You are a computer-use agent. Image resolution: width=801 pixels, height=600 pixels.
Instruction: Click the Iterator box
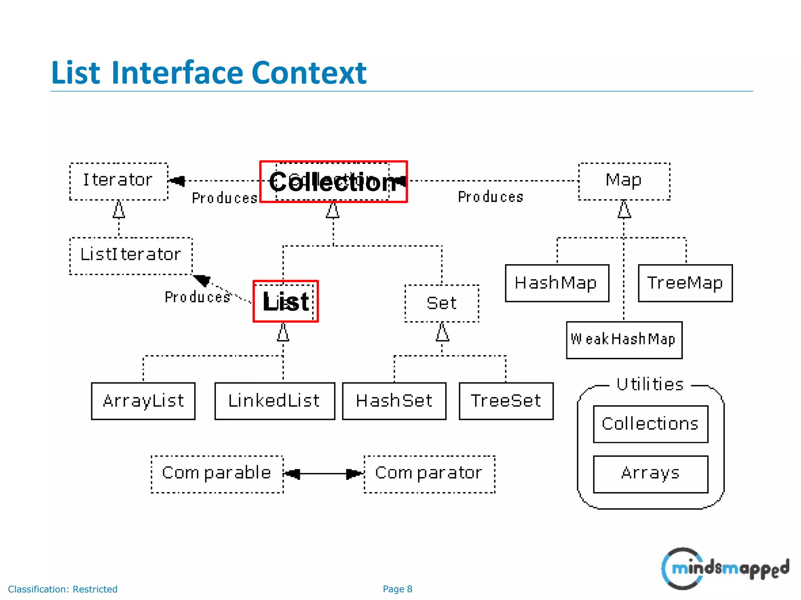[119, 181]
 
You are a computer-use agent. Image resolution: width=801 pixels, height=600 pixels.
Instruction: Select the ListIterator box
[131, 256]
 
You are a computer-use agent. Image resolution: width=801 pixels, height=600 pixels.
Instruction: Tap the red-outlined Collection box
[333, 182]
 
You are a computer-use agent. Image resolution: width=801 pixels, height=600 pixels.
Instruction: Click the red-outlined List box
[286, 301]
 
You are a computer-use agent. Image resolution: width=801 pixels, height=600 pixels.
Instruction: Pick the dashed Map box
[624, 181]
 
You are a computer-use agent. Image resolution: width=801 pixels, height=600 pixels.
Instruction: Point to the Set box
[442, 304]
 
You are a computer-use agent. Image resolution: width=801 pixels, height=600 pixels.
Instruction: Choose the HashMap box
[557, 283]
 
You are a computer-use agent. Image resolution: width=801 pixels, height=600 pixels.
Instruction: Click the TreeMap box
[685, 283]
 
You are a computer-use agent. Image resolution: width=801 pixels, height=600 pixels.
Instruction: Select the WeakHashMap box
[624, 340]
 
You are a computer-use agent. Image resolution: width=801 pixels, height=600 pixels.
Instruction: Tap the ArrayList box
[143, 401]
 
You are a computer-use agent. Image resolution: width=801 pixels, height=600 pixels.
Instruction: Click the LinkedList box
[275, 401]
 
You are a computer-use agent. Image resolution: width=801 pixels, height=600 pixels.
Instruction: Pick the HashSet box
[394, 401]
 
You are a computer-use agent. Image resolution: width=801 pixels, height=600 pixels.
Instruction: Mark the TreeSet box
[506, 401]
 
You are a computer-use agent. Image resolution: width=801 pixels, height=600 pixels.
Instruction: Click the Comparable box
[217, 474]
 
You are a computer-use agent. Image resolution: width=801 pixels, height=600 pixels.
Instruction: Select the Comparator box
[429, 474]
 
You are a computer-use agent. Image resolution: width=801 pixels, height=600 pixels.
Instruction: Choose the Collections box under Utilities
[650, 424]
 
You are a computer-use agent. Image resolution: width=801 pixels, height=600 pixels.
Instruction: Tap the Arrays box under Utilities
[650, 474]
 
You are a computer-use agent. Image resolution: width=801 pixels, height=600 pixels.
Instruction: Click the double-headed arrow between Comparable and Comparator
[323, 474]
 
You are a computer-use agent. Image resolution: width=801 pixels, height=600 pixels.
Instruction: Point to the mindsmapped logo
[725, 568]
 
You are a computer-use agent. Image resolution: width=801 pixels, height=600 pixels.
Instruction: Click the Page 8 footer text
[397, 589]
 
